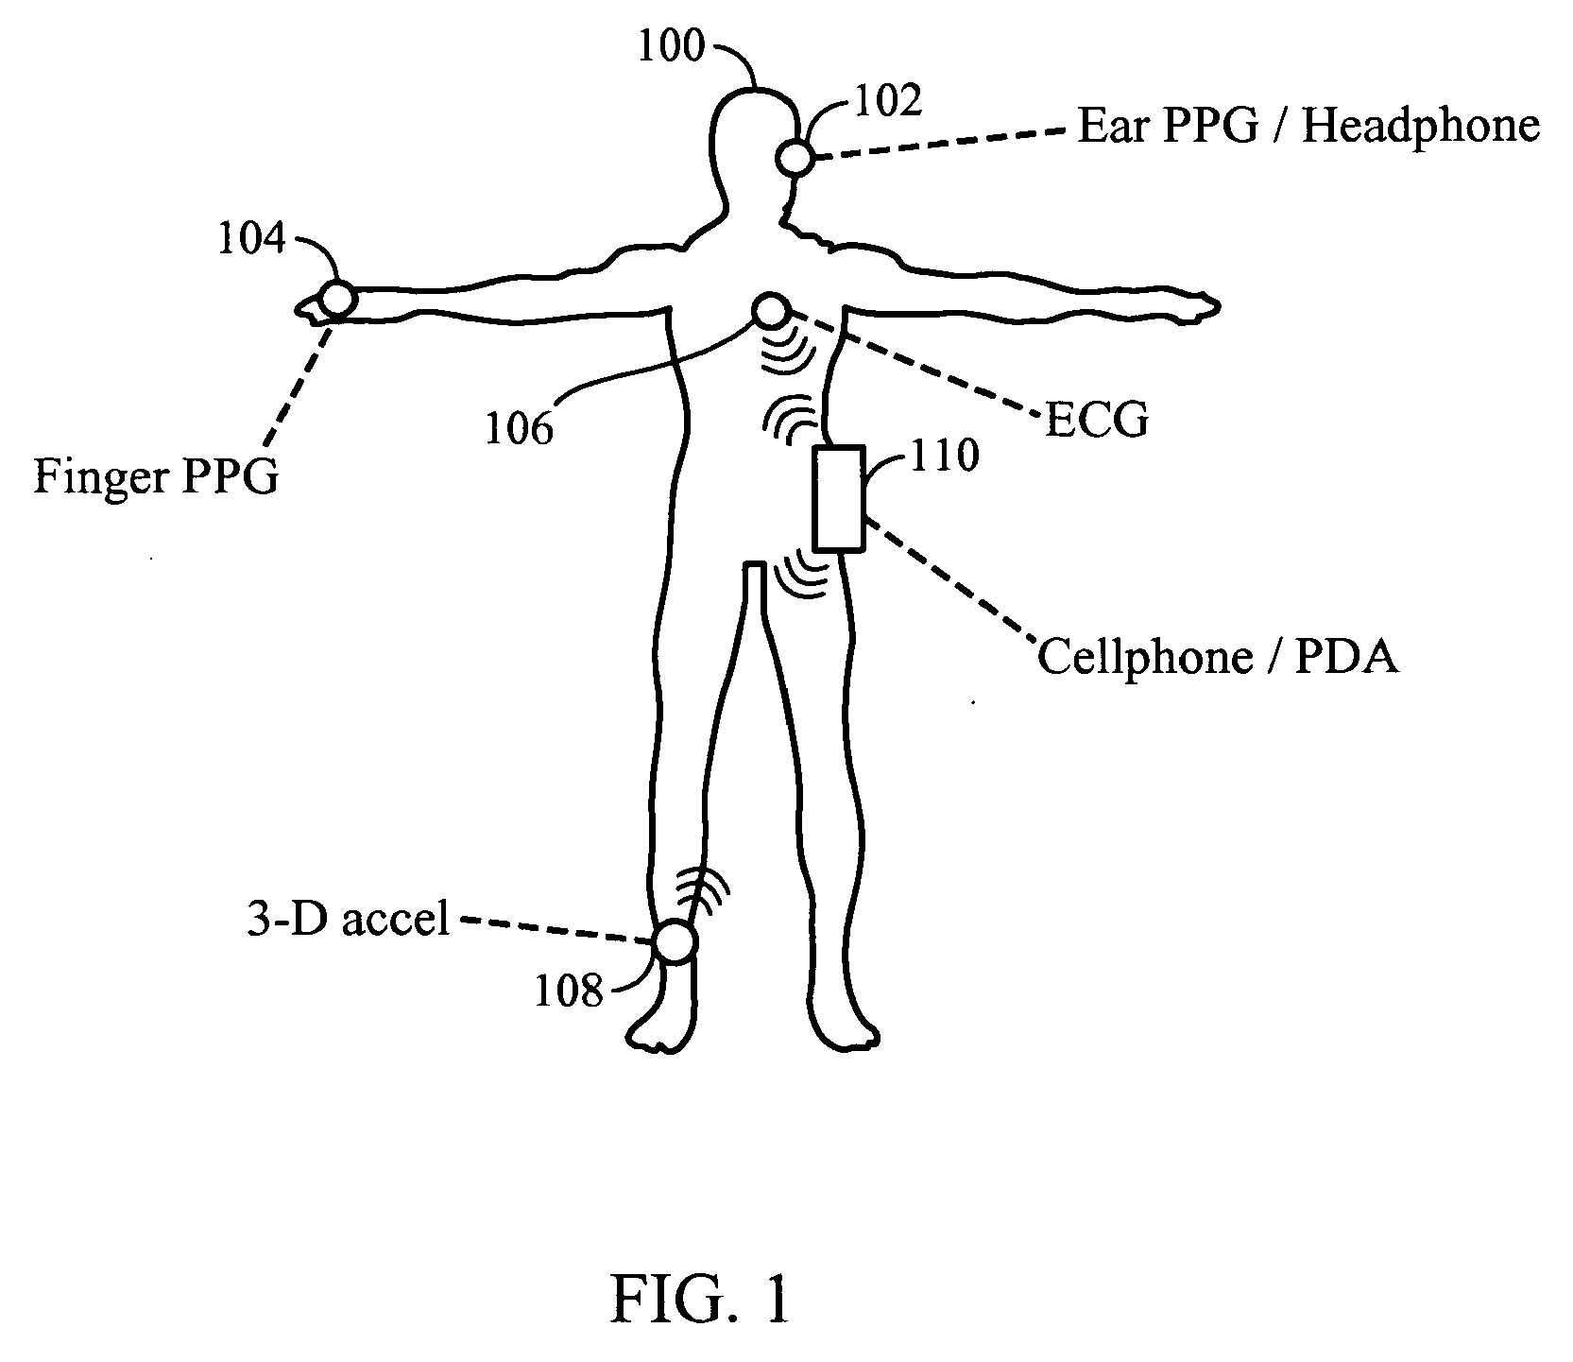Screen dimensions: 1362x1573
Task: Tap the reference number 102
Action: click(x=887, y=100)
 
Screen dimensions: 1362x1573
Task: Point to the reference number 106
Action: click(x=519, y=429)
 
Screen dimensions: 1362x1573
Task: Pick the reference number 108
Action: click(x=569, y=992)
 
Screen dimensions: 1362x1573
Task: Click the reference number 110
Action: click(x=944, y=457)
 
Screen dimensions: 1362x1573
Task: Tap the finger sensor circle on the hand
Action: click(x=337, y=300)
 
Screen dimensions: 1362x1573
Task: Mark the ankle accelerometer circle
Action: click(x=676, y=943)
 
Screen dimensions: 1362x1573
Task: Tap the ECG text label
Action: click(x=1096, y=420)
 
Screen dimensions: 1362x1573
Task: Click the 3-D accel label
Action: click(x=349, y=920)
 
